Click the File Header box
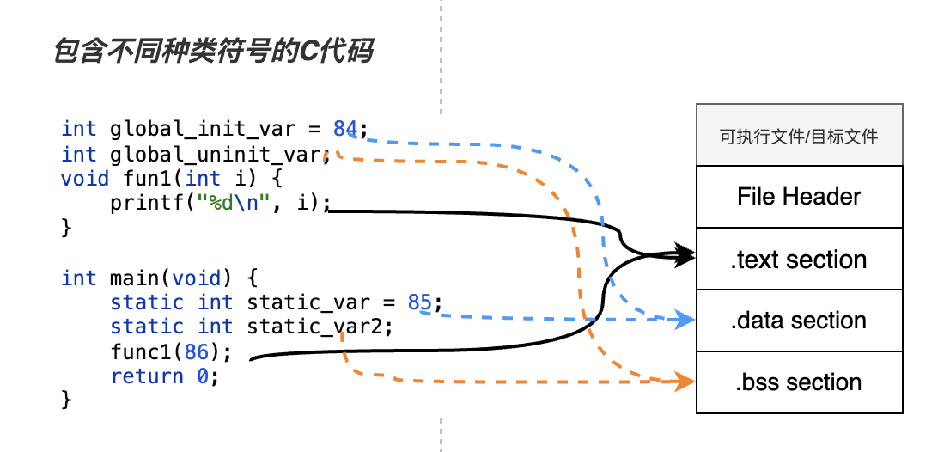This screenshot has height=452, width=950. coord(799,197)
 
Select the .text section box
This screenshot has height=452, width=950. coord(799,259)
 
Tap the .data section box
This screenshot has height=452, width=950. coord(799,321)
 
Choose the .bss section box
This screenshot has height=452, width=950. coord(799,382)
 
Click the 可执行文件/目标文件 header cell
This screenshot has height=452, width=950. coord(799,136)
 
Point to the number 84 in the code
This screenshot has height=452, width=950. coord(345,130)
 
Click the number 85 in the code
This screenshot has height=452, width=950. coord(419,302)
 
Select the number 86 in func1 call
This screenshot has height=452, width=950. coord(197,352)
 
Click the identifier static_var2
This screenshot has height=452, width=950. coord(320,327)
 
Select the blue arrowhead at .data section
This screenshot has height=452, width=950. coord(685,321)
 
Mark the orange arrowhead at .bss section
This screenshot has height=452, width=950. coord(685,381)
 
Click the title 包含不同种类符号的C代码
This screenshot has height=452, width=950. coord(213,52)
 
